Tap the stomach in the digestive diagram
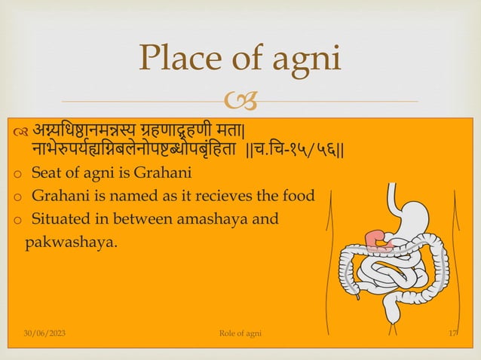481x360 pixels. (407, 218)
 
